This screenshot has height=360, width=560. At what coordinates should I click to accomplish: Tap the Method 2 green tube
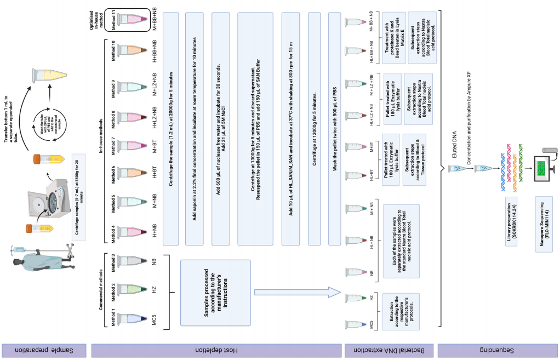click(132, 288)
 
